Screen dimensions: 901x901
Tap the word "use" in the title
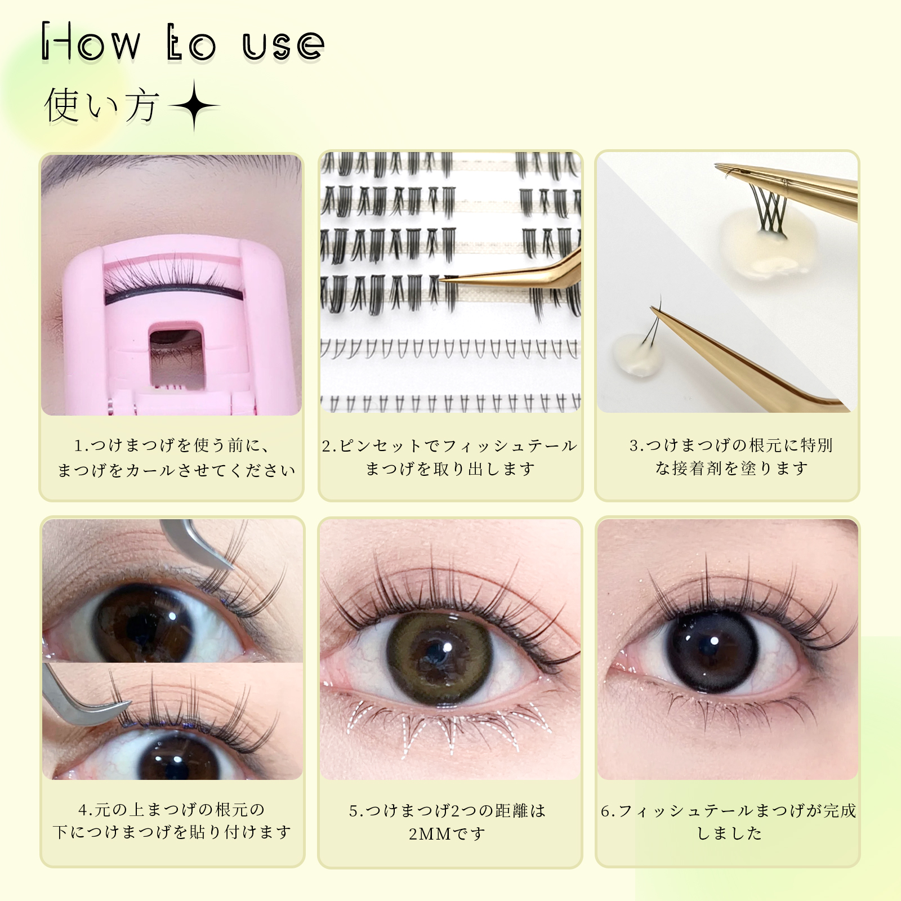283,45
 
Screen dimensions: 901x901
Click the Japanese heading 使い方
101,105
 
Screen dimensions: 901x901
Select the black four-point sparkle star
194,106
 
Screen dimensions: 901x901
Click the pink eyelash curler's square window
175,355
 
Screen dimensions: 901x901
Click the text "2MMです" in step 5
447,833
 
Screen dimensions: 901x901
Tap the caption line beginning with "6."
729,810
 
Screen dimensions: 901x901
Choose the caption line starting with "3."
731,445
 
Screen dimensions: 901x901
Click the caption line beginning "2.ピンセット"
449,445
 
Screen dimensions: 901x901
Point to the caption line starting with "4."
172,810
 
